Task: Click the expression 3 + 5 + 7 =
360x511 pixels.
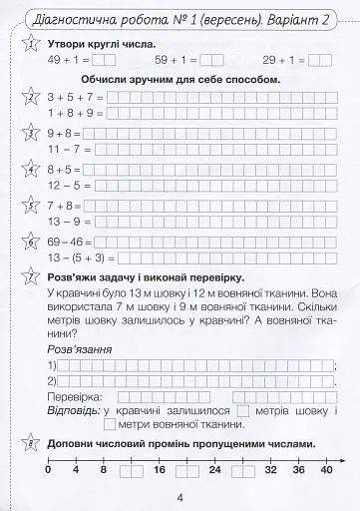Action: point(74,97)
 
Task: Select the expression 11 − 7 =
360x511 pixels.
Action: point(67,149)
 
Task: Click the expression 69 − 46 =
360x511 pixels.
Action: point(70,241)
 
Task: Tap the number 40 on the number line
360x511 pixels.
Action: point(327,483)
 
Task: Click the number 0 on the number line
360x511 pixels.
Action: point(47,483)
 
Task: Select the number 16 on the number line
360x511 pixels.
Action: point(158,483)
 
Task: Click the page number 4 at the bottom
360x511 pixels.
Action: point(180,499)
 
